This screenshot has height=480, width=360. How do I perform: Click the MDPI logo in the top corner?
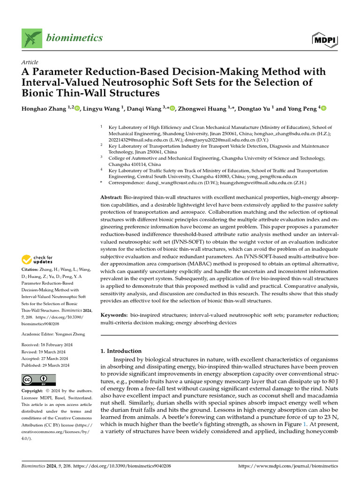tap(324, 40)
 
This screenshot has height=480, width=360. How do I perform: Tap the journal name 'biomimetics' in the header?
tap(74, 38)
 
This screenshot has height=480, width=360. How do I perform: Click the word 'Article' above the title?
tap(30, 62)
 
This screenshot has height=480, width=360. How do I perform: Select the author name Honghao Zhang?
tap(42, 109)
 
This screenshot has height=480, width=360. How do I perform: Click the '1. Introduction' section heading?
tap(121, 351)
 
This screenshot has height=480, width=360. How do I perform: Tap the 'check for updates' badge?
tap(37, 259)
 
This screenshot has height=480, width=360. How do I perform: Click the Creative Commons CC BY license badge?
tap(38, 380)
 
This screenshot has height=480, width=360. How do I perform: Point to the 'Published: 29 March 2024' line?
tap(45, 365)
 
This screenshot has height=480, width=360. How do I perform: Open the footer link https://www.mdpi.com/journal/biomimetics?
tap(288, 466)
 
